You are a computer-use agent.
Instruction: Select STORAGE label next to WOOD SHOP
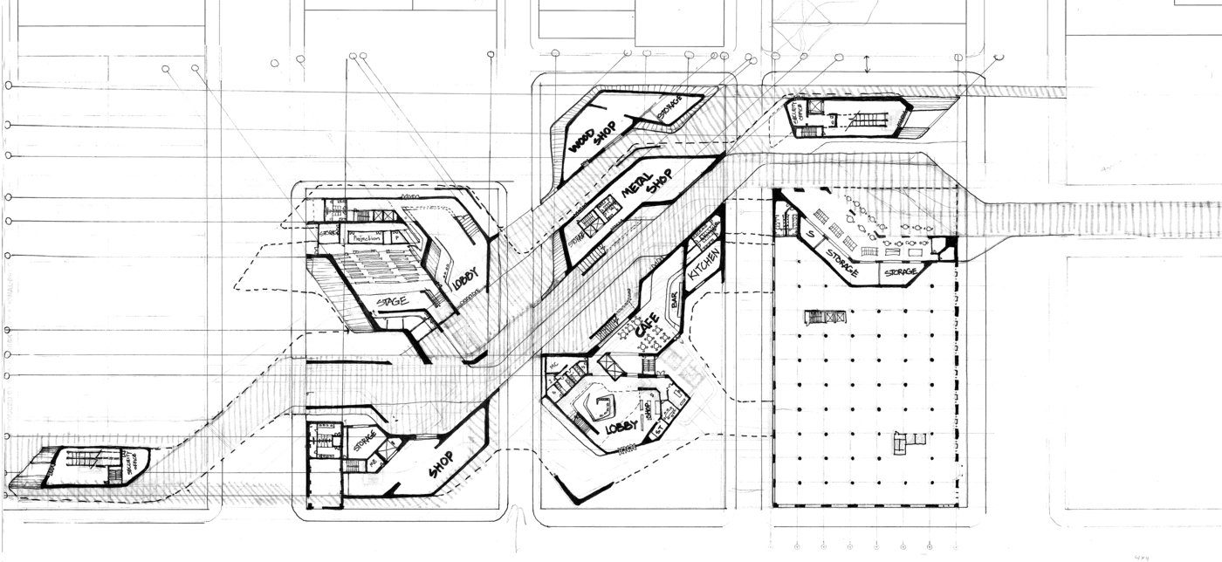[x=670, y=108]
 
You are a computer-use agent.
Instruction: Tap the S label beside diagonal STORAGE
[x=810, y=235]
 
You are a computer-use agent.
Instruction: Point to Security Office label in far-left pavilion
[x=130, y=459]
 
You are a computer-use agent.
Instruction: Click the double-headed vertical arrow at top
[x=867, y=64]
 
